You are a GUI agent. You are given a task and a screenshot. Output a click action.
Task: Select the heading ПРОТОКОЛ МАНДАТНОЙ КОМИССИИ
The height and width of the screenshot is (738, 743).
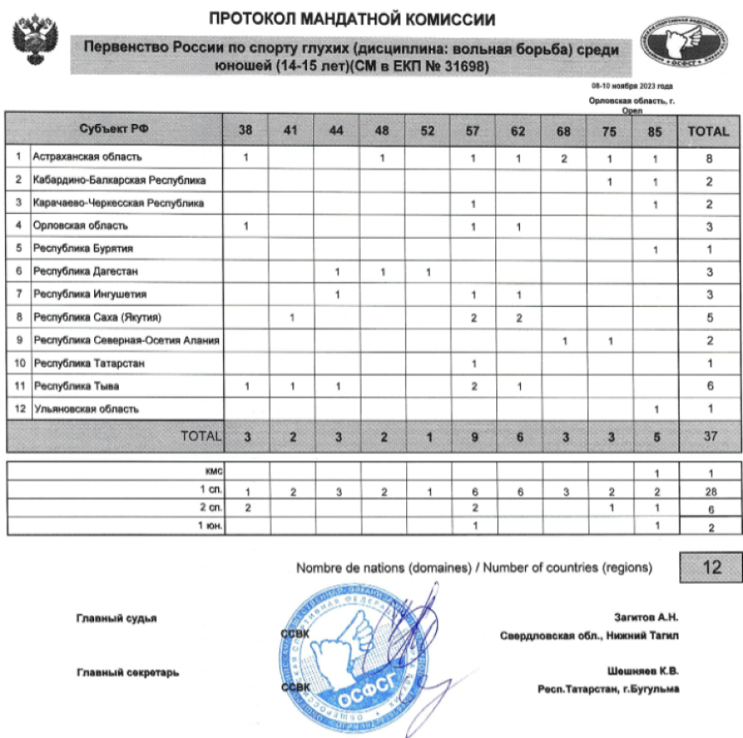(353, 17)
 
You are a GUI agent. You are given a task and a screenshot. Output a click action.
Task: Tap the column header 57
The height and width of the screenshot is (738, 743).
(473, 130)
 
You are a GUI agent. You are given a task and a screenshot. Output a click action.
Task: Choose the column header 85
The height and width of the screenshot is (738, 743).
(655, 130)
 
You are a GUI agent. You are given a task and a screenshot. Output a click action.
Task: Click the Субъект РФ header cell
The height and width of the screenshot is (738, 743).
(115, 129)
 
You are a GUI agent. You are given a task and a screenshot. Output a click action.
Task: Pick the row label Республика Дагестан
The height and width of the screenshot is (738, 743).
(85, 272)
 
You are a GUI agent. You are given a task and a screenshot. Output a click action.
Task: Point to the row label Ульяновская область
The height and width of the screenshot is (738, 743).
(86, 409)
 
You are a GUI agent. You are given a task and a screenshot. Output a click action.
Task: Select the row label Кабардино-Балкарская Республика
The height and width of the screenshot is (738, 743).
(120, 179)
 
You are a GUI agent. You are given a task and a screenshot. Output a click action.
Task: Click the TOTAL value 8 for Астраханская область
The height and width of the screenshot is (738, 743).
(709, 157)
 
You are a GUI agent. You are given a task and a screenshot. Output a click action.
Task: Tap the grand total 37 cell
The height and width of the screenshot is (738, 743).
(709, 437)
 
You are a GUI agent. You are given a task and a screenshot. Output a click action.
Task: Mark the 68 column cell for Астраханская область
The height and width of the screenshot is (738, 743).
(564, 157)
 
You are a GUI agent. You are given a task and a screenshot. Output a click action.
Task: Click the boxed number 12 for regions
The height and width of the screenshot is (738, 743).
(712, 567)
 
